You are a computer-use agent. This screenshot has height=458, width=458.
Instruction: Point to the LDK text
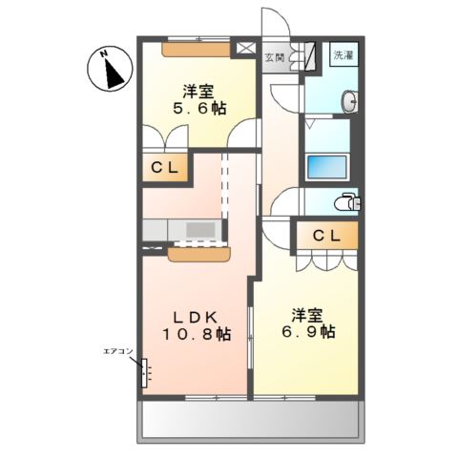[x=195, y=317]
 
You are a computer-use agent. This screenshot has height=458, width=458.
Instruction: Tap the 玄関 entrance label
[x=274, y=55]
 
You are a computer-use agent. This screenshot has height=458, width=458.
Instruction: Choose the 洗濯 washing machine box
[x=343, y=54]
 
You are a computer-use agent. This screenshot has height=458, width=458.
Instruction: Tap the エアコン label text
[x=117, y=352]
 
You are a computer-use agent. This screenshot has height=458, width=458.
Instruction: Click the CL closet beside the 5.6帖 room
[x=165, y=168]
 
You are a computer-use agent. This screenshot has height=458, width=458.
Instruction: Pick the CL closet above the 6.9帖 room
[x=325, y=235]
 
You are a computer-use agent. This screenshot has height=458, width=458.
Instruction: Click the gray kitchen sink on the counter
[x=200, y=230]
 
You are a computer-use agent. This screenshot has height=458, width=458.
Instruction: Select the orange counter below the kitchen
[x=199, y=253]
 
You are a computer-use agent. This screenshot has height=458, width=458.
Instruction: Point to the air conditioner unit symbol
[x=146, y=371]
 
